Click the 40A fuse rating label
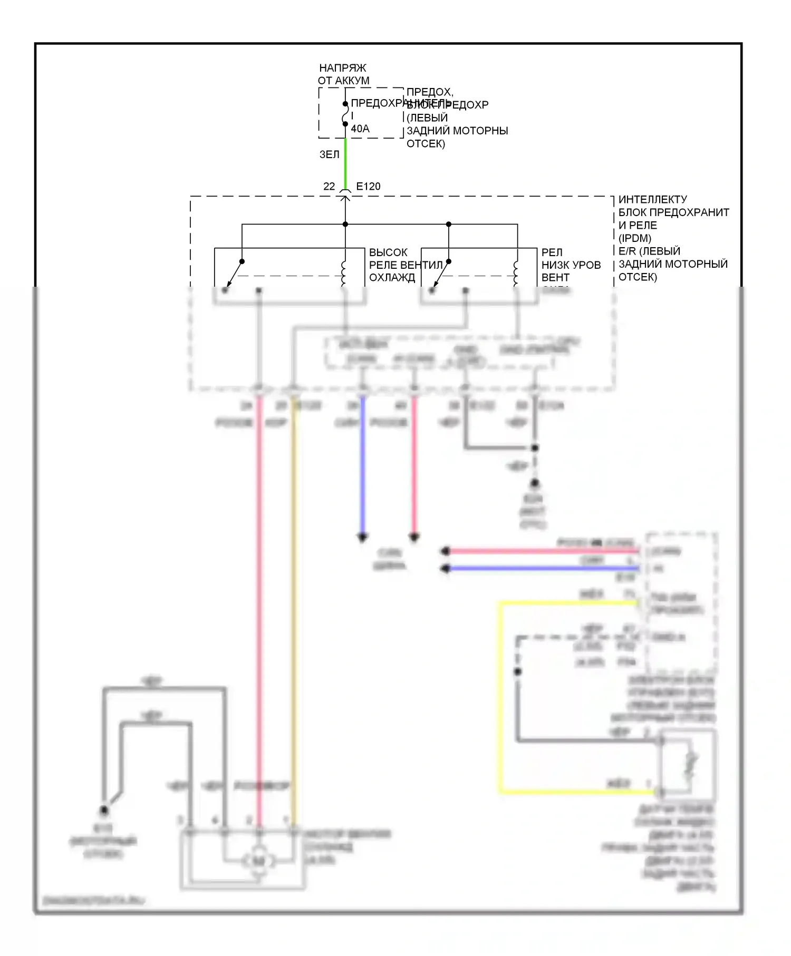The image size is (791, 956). (x=360, y=129)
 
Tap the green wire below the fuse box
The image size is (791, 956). (x=345, y=163)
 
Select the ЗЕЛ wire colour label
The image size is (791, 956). (x=329, y=154)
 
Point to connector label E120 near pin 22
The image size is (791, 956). (x=368, y=186)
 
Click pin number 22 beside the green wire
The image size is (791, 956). (x=329, y=186)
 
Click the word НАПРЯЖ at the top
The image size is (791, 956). (x=343, y=68)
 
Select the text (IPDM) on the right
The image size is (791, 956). (x=635, y=238)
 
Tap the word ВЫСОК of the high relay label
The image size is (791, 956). (x=388, y=252)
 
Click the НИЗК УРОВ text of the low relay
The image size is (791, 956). (x=571, y=265)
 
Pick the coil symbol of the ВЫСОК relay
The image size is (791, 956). (x=344, y=273)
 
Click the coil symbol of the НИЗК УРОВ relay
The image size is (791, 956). (x=516, y=273)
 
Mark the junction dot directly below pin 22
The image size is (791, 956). (x=345, y=224)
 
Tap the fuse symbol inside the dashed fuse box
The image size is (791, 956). (x=345, y=114)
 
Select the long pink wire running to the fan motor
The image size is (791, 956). (x=259, y=606)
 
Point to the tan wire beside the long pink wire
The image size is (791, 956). (x=294, y=606)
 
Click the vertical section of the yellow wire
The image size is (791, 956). (x=500, y=696)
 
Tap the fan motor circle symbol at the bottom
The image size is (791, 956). (x=258, y=861)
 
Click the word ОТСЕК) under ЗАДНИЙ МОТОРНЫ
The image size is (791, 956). (x=426, y=144)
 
